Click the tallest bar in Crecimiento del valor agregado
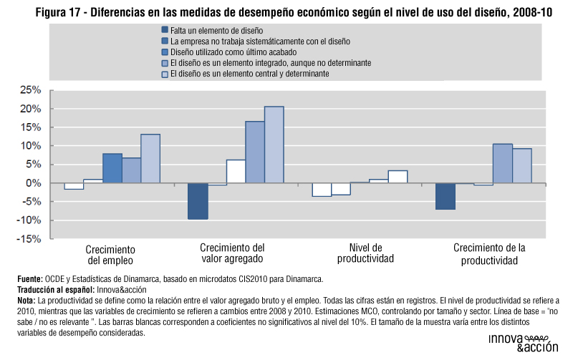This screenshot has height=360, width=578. [x=274, y=145]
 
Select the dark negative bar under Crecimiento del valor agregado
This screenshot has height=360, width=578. [x=198, y=201]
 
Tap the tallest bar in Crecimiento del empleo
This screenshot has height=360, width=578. [x=150, y=158]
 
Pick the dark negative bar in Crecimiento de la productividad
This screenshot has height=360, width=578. [x=445, y=196]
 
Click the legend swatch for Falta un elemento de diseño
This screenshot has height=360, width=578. [x=165, y=31]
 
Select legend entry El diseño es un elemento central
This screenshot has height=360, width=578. [x=249, y=74]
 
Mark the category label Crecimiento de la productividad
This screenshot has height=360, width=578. [x=489, y=254]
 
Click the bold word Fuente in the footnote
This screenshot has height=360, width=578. [x=28, y=279]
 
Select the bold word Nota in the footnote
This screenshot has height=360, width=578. [x=26, y=301]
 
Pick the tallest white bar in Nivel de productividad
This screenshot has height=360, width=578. [x=398, y=177]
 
